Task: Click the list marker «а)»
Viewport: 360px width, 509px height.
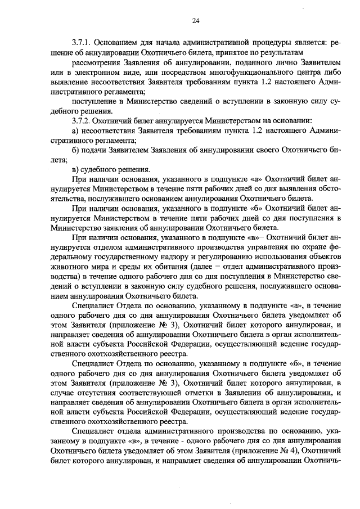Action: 76,130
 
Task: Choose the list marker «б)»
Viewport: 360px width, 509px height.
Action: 76,150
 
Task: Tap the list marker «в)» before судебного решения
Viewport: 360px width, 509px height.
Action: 76,169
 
